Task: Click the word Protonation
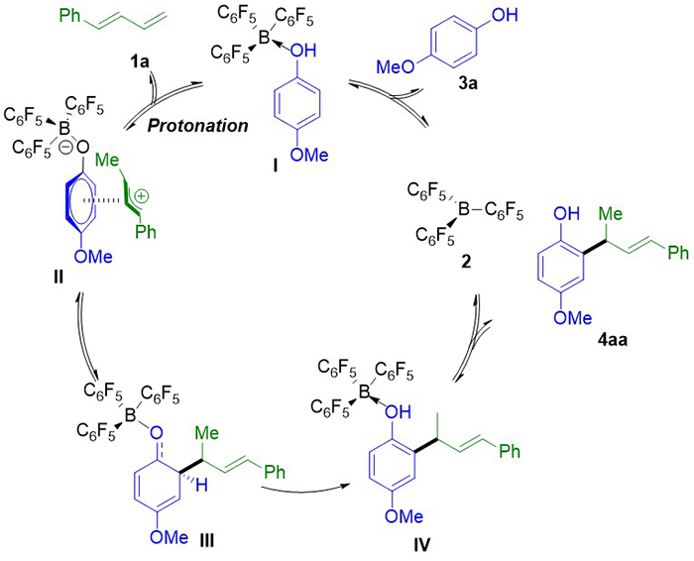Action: click(198, 126)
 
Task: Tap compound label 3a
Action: click(468, 82)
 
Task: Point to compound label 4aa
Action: click(613, 340)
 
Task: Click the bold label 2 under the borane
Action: click(466, 262)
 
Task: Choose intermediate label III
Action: click(206, 540)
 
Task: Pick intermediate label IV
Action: click(421, 545)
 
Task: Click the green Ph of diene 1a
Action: click(70, 16)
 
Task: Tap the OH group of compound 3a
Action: click(505, 15)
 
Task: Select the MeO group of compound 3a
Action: click(396, 66)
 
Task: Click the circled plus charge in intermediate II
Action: click(141, 196)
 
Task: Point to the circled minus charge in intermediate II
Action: click(65, 150)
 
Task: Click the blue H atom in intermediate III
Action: click(201, 486)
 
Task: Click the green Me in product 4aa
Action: click(611, 214)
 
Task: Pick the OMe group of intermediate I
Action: click(309, 155)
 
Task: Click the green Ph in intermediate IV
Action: click(510, 450)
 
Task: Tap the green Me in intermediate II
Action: click(107, 160)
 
